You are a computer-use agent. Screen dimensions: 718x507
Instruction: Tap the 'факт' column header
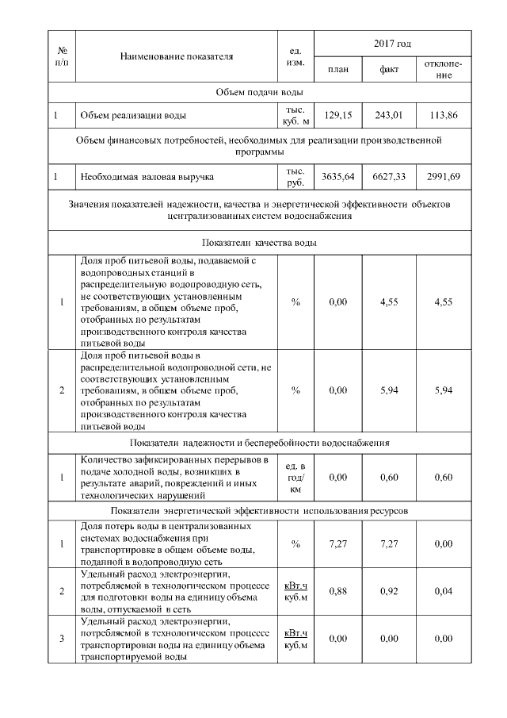tap(389, 70)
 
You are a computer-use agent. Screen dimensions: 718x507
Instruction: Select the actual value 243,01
tap(389, 115)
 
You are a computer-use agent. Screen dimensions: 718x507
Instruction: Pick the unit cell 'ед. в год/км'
tap(295, 477)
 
